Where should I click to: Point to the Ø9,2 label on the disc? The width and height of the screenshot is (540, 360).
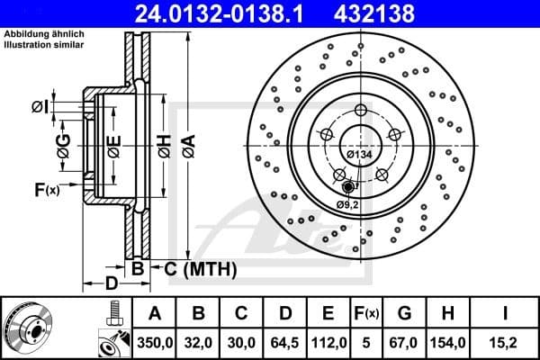(349, 203)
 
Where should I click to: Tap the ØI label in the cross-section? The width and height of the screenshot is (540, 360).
(39, 107)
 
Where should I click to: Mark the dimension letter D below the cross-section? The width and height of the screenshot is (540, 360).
(111, 284)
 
